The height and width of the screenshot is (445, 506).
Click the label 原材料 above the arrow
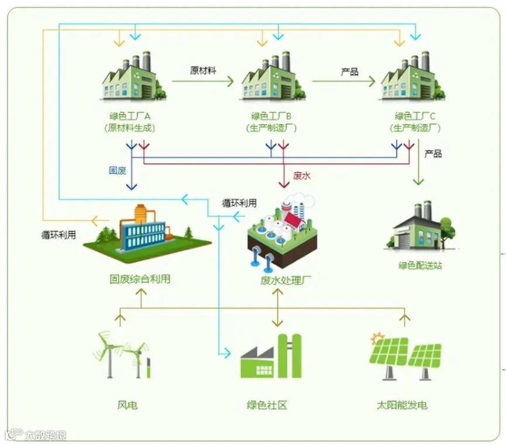[203, 71]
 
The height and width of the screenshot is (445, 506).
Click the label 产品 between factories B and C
[349, 72]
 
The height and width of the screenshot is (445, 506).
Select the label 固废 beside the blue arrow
[118, 171]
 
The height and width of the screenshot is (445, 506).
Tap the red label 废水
[301, 175]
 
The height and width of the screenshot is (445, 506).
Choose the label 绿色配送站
[420, 265]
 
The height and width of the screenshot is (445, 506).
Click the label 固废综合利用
[140, 279]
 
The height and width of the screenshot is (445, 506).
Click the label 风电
[127, 405]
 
